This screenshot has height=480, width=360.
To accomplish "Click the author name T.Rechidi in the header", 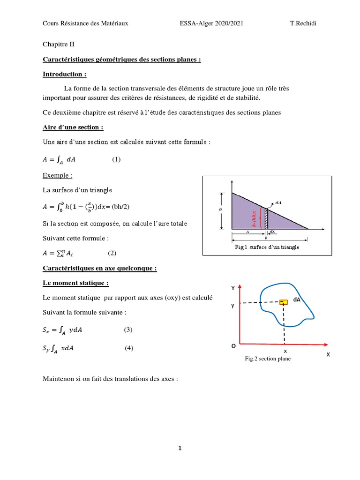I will click(x=303, y=23).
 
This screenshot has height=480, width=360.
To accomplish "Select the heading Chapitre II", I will click(x=59, y=45).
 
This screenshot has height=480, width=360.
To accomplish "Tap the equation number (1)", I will click(x=116, y=159).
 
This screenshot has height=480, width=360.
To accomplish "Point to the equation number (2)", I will click(x=112, y=253).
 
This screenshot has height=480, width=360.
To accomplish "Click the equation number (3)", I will click(x=128, y=330).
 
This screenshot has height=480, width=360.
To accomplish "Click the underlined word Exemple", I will click(x=58, y=175).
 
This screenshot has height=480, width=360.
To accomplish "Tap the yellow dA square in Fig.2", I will click(x=283, y=302).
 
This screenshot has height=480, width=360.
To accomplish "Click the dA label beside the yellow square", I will click(x=297, y=300).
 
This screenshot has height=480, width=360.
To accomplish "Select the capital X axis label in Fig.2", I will click(x=328, y=355).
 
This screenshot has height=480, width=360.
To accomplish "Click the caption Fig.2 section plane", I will click(x=267, y=359).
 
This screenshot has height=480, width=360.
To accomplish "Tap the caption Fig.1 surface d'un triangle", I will click(x=267, y=247).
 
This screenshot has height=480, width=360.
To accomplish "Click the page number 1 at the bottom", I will click(x=180, y=449).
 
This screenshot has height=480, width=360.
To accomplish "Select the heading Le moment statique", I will click(x=75, y=284).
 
